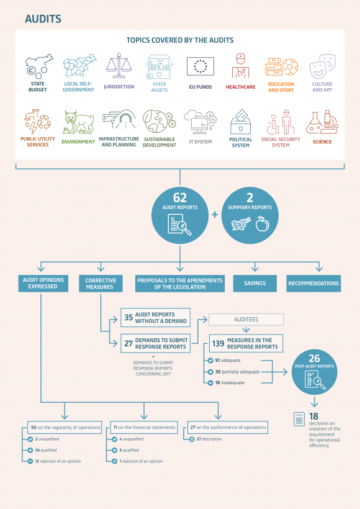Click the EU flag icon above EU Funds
(x=200, y=66)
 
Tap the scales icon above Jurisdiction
(x=119, y=65)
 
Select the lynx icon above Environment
(x=79, y=122)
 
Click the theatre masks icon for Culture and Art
(x=322, y=66)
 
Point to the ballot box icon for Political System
(x=241, y=122)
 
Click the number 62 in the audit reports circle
(x=180, y=197)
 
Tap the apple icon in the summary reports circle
(x=263, y=224)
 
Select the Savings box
(x=255, y=284)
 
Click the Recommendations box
(x=313, y=284)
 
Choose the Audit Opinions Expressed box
(x=43, y=284)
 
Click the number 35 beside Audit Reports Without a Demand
(x=128, y=317)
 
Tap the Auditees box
(x=246, y=320)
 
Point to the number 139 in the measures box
(x=218, y=343)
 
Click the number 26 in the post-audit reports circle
(x=314, y=358)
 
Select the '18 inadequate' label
(x=230, y=383)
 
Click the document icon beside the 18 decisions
(x=299, y=419)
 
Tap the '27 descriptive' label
(x=209, y=439)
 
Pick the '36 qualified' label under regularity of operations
(x=46, y=450)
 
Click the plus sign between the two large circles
(x=215, y=215)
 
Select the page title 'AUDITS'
(x=43, y=19)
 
